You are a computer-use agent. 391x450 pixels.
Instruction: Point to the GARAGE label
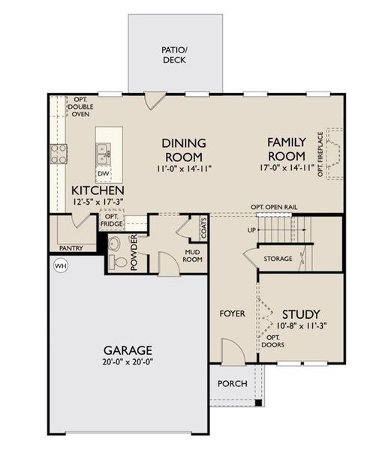128,350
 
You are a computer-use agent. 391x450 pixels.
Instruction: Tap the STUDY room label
301,313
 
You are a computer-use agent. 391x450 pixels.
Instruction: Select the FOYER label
233,313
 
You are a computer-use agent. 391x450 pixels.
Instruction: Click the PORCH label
233,383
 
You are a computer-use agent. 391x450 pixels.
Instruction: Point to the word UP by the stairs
252,229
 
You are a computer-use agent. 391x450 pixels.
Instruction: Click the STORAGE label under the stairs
278,259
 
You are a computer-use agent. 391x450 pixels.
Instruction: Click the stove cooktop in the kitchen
59,153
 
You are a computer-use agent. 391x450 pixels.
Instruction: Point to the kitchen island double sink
104,153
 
